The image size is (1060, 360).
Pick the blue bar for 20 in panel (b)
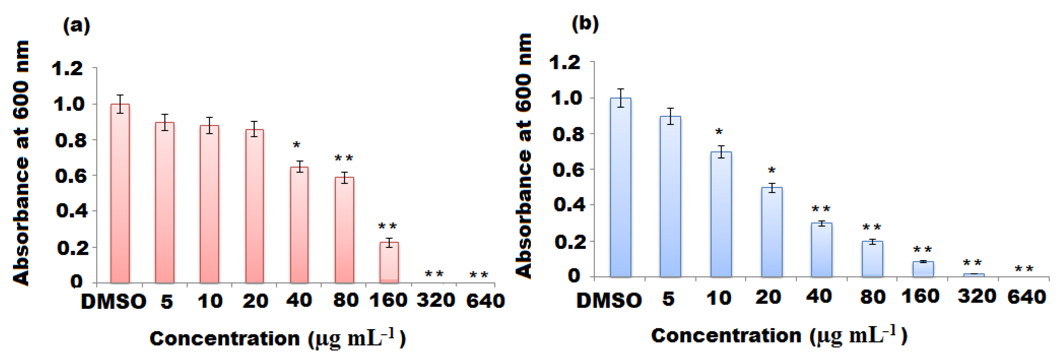[772, 232]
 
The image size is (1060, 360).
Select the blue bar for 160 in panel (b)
[923, 269]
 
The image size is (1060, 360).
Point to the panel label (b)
[585, 24]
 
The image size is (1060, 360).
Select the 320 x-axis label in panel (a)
[436, 301]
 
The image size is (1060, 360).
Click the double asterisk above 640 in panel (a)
[479, 275]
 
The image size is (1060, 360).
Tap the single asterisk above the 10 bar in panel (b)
[719, 132]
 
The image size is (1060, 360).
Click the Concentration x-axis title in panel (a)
[278, 339]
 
